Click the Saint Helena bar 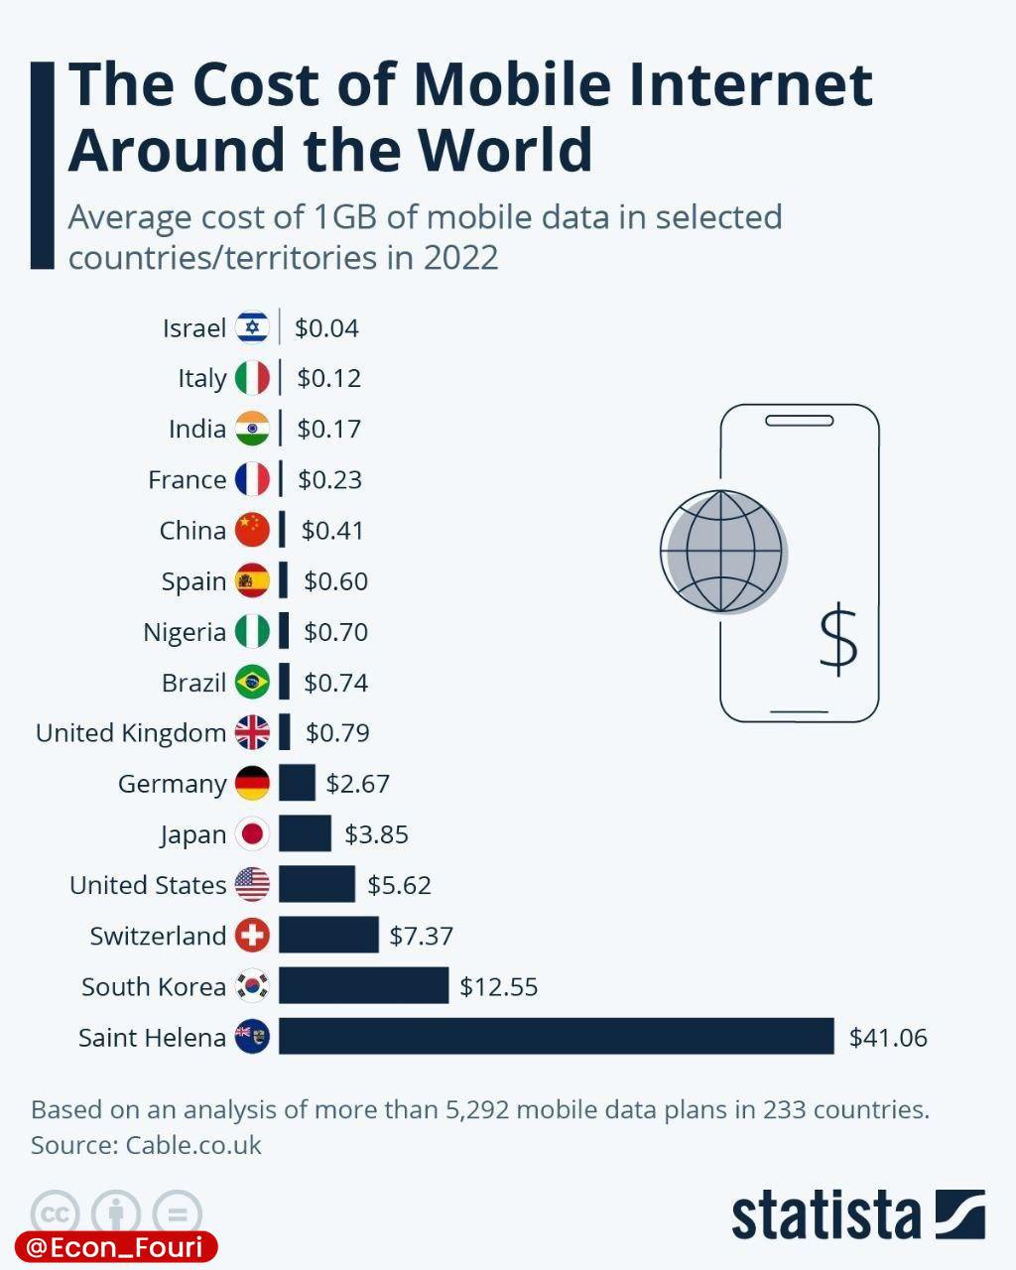click(x=556, y=1036)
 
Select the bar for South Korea click(x=363, y=985)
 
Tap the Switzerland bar click(x=328, y=935)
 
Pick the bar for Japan click(x=305, y=833)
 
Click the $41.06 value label click(x=888, y=1038)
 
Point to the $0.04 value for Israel click(x=326, y=328)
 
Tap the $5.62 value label click(x=399, y=885)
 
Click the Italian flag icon click(x=252, y=378)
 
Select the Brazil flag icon click(x=252, y=683)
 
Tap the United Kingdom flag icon click(x=252, y=733)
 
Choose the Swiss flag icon click(x=252, y=935)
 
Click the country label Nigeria click(x=185, y=632)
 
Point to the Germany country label click(x=173, y=784)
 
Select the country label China click(x=192, y=531)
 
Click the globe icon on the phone click(x=722, y=552)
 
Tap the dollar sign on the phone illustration click(x=838, y=639)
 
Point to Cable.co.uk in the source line click(x=193, y=1145)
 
